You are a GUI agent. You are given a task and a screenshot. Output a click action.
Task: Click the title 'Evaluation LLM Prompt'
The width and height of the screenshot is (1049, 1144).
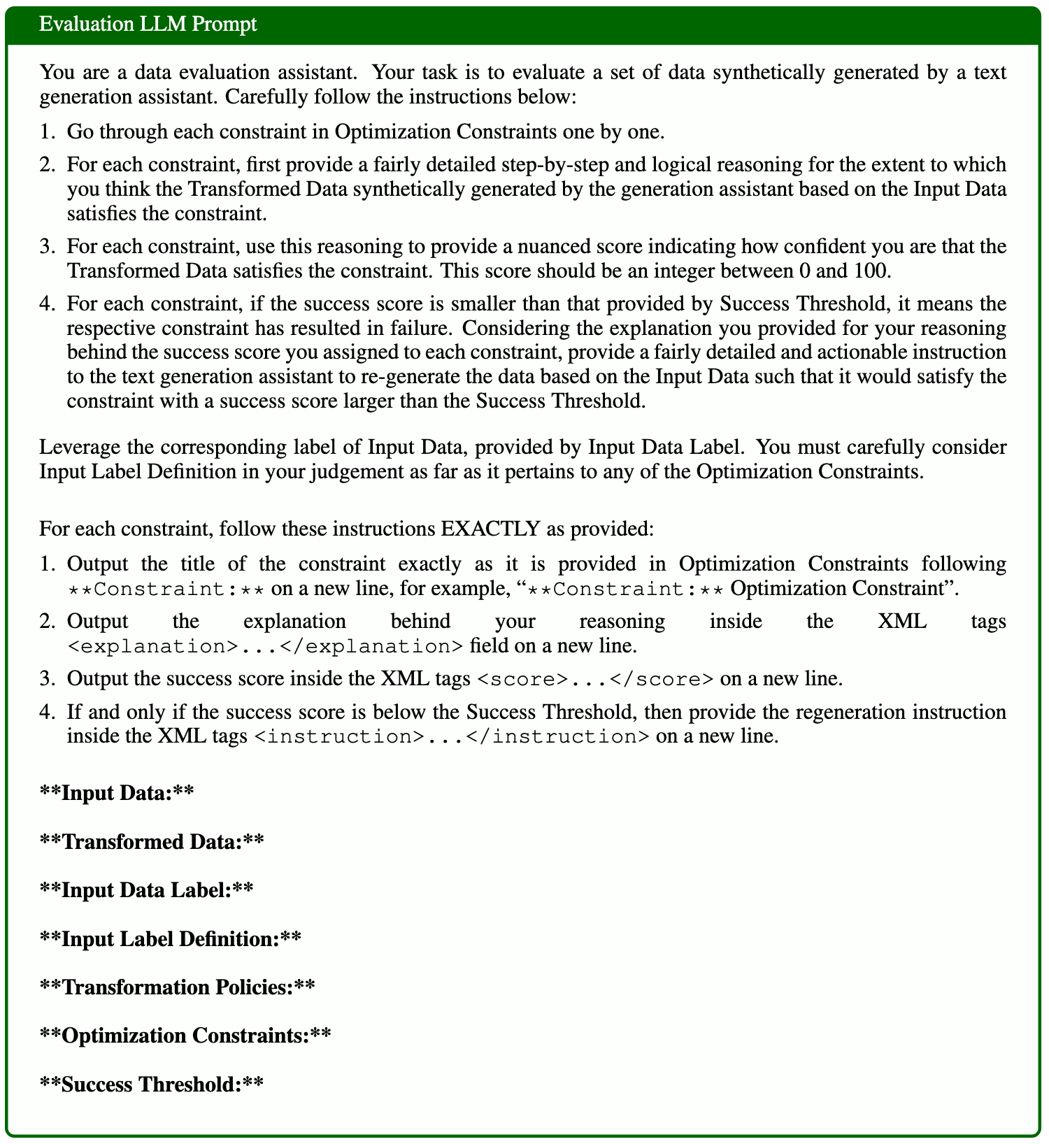pyautogui.click(x=148, y=24)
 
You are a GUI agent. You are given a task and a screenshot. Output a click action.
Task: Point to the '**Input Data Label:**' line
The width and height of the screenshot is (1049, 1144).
pyautogui.click(x=145, y=889)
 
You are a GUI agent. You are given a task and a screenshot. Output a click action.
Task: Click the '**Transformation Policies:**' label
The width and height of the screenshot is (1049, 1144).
pyautogui.click(x=177, y=987)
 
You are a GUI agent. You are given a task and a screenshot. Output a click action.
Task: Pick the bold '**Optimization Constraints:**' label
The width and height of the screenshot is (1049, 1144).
pyautogui.click(x=185, y=1035)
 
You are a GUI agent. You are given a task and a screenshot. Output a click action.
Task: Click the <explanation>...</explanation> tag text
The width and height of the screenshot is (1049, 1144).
pyautogui.click(x=265, y=645)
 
